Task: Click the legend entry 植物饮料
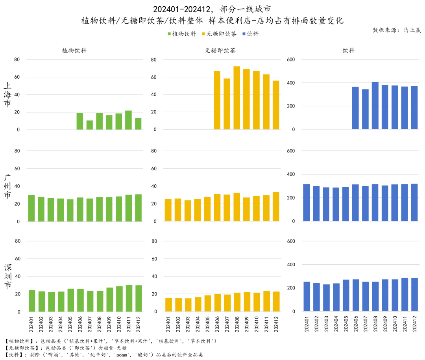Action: coord(182,34)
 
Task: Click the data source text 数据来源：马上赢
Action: coord(397,30)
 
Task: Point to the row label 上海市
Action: coord(7,95)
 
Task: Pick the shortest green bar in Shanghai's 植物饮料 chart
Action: coord(90,125)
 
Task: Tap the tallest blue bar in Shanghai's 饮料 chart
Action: coord(375,106)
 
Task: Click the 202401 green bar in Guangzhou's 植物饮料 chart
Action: coord(31,208)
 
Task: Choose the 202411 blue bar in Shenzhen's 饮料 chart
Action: coord(405,295)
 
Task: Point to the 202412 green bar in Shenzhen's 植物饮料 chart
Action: coord(139,298)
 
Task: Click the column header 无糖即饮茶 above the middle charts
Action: coord(220,51)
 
